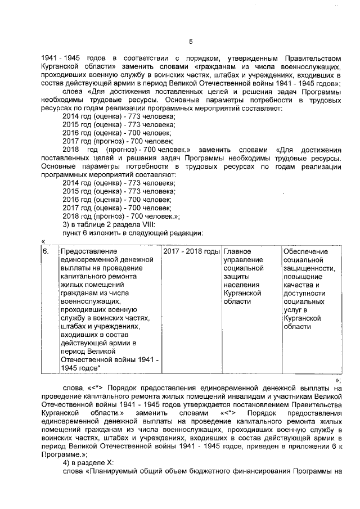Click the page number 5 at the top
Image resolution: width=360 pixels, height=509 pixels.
(191, 42)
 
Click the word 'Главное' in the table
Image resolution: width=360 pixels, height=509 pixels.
(237, 251)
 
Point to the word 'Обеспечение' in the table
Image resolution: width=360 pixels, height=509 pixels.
(306, 251)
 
